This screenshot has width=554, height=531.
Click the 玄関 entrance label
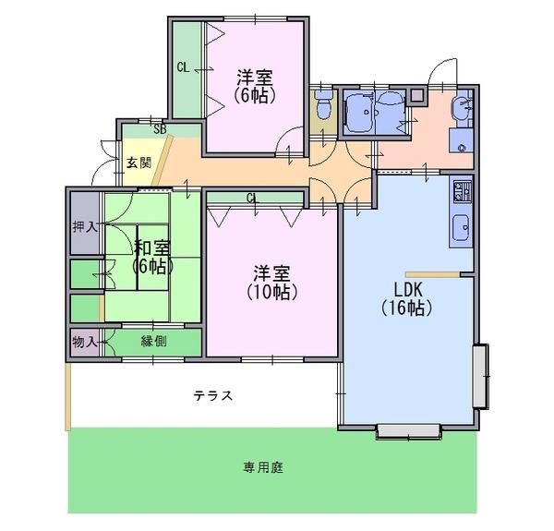tap(139, 163)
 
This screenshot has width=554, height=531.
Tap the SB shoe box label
tap(160, 129)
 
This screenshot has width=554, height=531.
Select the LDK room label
tap(408, 290)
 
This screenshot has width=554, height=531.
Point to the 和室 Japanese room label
tap(152, 248)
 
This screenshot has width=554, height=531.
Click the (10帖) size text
tap(271, 292)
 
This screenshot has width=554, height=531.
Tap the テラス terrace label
tap(213, 395)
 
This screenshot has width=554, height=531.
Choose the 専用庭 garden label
tap(263, 468)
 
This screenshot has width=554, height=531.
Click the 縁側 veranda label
tap(153, 342)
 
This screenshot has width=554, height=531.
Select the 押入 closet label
tap(85, 227)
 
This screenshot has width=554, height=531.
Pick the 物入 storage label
tap(85, 342)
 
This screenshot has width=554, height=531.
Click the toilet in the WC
tap(323, 105)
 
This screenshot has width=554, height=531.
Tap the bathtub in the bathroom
tap(360, 111)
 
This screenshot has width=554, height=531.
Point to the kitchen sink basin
tap(461, 228)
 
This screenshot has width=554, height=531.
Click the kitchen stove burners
tap(463, 191)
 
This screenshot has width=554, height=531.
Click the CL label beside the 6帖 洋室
tap(184, 67)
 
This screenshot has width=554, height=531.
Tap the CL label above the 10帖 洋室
tap(252, 198)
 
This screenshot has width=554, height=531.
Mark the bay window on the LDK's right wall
tap(480, 376)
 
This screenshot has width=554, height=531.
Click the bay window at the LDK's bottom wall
tap(409, 431)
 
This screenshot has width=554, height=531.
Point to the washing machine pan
tap(461, 140)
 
